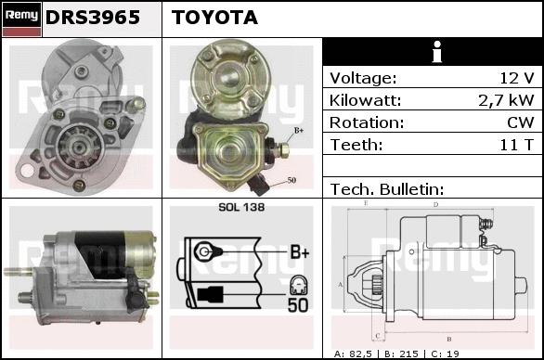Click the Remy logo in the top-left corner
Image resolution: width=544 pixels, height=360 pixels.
[x=22, y=19]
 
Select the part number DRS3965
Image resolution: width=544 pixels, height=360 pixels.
[x=93, y=18]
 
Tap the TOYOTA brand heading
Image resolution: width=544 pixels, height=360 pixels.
[x=214, y=18]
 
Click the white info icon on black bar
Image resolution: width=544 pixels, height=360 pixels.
[x=437, y=52]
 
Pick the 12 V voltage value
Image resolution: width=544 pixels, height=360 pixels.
[x=516, y=78]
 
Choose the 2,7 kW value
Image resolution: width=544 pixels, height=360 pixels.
[x=506, y=100]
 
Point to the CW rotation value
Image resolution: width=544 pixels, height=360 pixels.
[x=521, y=122]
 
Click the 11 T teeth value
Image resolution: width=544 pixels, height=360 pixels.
[x=516, y=145]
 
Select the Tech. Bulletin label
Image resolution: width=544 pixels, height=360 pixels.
[x=387, y=189]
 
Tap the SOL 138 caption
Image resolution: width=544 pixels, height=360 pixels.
[x=241, y=207]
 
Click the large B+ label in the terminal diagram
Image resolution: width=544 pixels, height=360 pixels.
[x=300, y=251]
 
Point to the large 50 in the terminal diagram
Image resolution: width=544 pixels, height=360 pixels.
[x=298, y=305]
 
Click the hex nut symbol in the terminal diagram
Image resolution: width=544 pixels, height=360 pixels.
[x=204, y=251]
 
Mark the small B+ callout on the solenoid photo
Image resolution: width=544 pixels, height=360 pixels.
[x=299, y=131]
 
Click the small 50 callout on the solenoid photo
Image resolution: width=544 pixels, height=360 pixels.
[x=291, y=180]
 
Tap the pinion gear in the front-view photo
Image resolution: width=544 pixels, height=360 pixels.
[x=79, y=148]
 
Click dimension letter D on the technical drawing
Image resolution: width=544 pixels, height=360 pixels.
[x=435, y=205]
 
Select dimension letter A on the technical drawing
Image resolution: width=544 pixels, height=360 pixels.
[x=341, y=285]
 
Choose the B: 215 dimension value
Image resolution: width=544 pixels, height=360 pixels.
[x=401, y=354]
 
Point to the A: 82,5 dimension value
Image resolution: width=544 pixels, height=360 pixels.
[x=353, y=354]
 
